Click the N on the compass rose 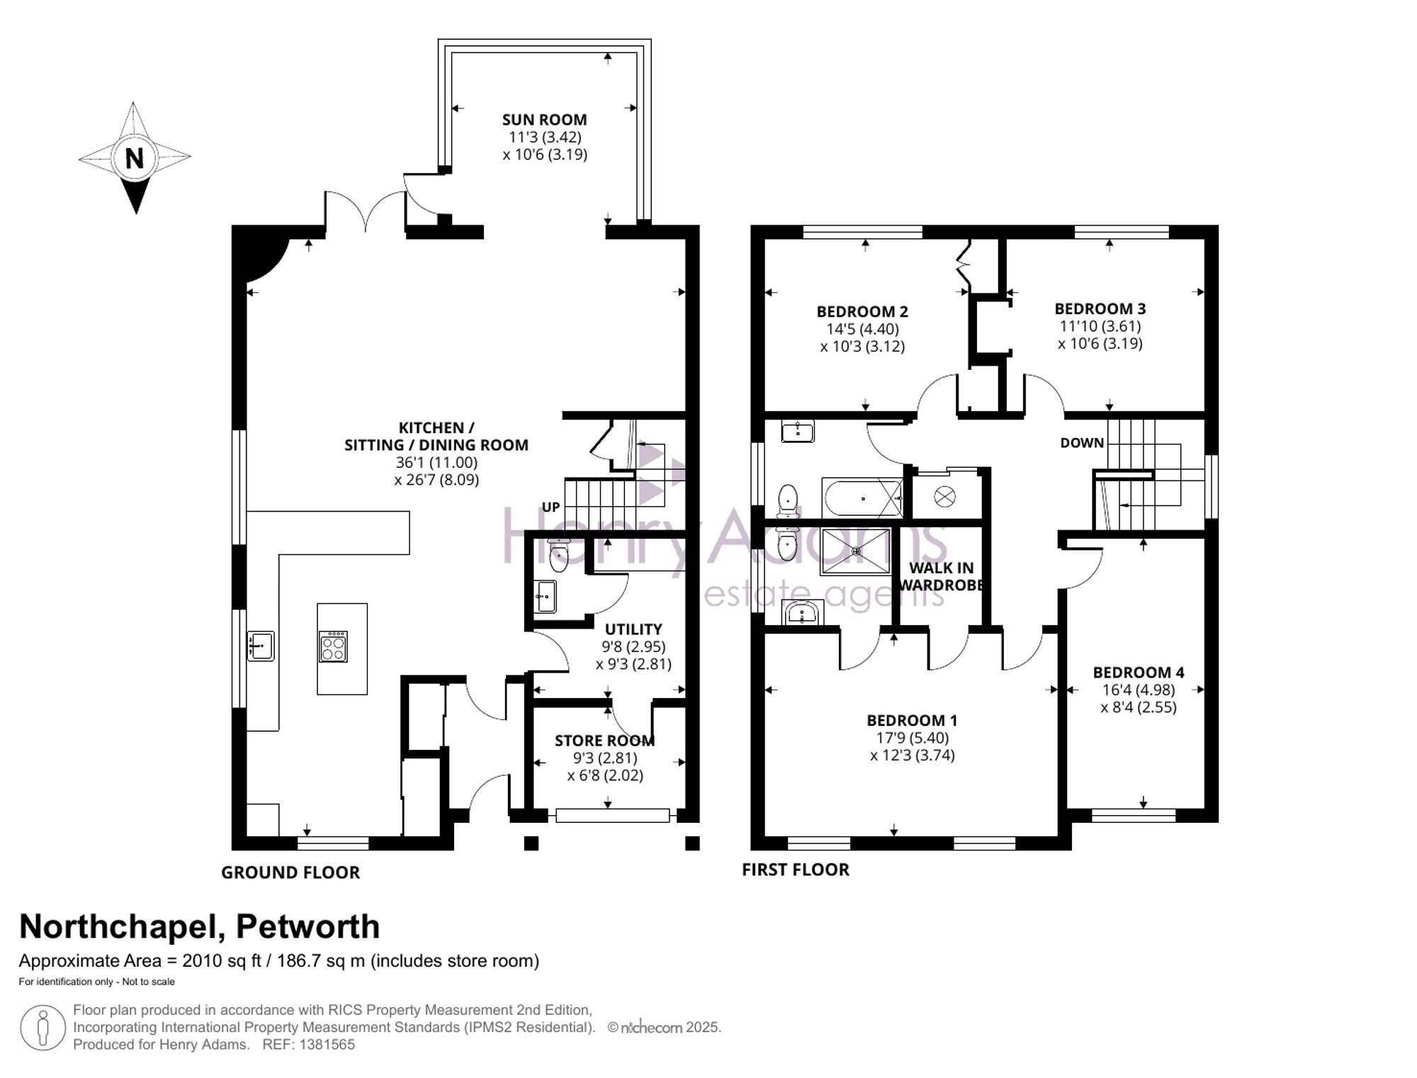135,157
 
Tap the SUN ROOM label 544,120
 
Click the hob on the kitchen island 334,646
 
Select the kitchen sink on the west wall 261,646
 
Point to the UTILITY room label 633,629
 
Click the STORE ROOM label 604,741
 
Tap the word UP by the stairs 551,507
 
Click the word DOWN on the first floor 1082,443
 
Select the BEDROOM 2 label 862,312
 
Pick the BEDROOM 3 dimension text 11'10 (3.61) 1100,326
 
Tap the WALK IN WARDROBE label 941,576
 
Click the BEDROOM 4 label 1139,673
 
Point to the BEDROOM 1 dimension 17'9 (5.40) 913,738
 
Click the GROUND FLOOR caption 290,872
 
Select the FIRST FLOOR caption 796,870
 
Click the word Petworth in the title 307,926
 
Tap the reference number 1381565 327,1045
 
